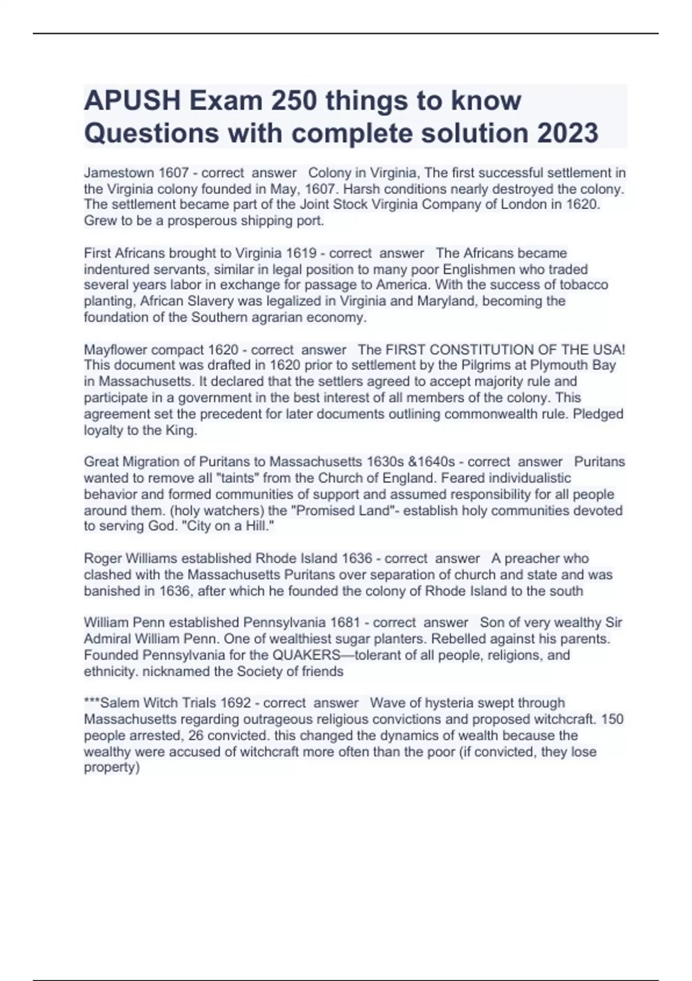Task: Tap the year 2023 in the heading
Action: tap(568, 133)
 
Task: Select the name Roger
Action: tap(102, 559)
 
